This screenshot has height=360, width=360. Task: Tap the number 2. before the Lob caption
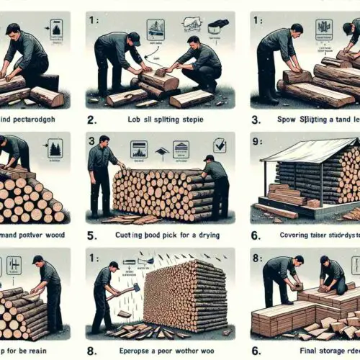[91, 120]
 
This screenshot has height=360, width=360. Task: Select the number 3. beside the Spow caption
[257, 120]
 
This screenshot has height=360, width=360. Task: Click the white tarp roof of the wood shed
[302, 150]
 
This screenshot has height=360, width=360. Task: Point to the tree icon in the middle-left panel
[55, 148]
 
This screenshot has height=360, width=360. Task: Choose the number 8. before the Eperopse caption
[91, 351]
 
